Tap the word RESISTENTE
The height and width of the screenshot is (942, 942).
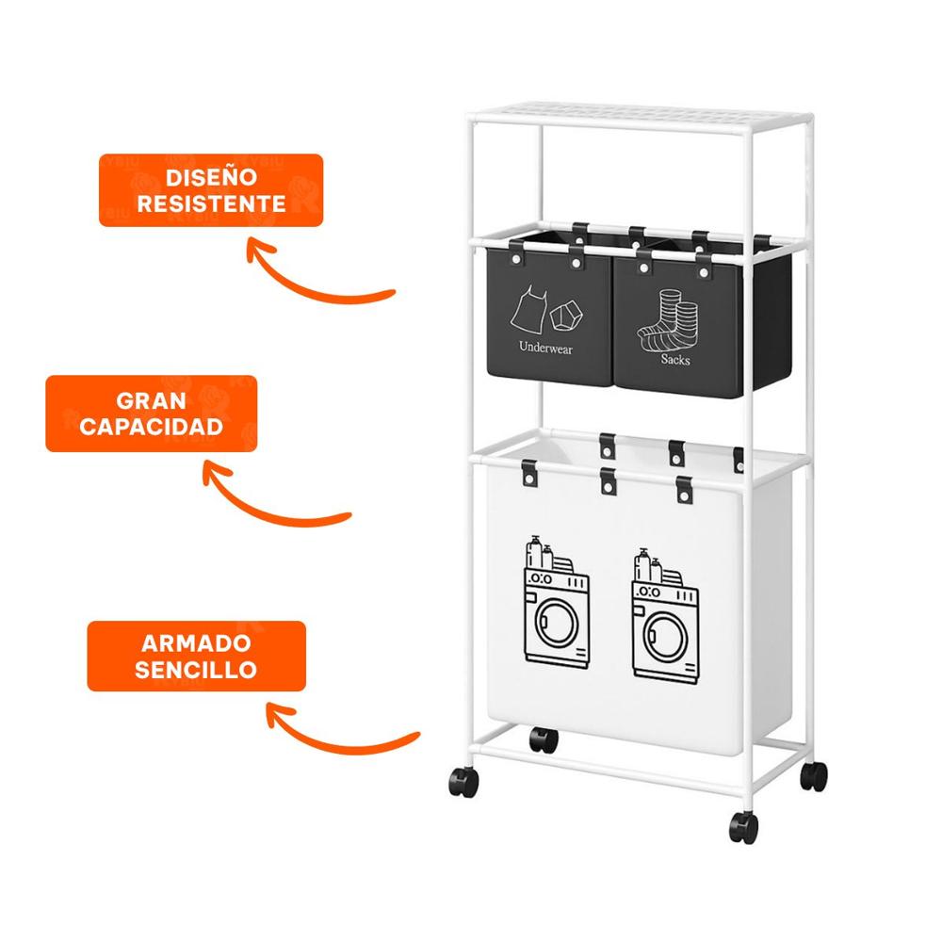pyautogui.click(x=211, y=203)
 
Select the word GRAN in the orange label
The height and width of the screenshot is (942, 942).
pyautogui.click(x=151, y=401)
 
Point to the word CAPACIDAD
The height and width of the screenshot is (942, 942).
pyautogui.click(x=151, y=427)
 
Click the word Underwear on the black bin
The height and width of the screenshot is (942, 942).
pyautogui.click(x=545, y=348)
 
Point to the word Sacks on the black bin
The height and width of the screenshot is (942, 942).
pyautogui.click(x=674, y=360)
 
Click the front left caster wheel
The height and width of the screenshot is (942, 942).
pyautogui.click(x=461, y=781)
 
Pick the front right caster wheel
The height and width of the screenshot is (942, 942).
pyautogui.click(x=743, y=827)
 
